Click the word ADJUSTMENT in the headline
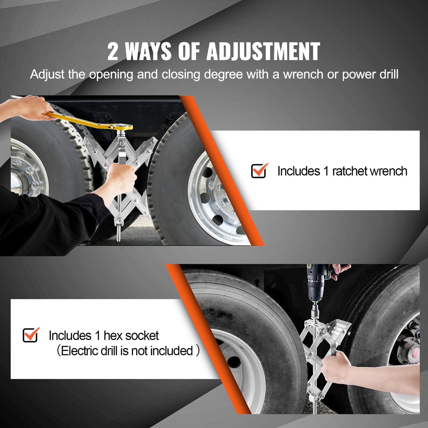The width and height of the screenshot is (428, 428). pos(263,51)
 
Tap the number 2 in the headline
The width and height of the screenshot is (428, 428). pos(113,52)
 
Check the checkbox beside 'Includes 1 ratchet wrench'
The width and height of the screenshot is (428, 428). pos(259,171)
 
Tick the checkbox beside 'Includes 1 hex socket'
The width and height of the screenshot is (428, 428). pos(31,335)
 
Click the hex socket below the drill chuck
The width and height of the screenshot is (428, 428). pos(315,311)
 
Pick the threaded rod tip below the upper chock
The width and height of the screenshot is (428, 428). pos(119,235)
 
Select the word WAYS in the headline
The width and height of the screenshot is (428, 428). pos(148,52)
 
